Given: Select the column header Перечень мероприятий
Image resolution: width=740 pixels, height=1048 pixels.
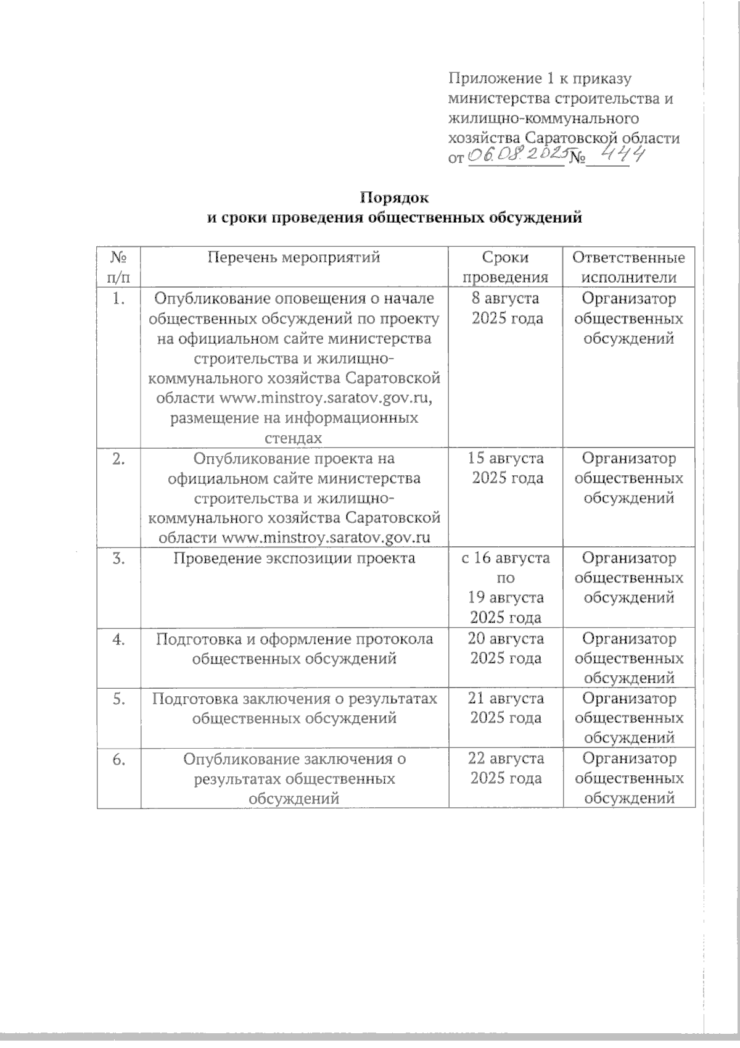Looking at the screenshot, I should point(294,257).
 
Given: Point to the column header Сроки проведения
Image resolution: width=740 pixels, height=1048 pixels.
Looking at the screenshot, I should point(506,267).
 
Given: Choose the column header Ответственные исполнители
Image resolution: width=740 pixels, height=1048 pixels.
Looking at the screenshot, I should point(628,267).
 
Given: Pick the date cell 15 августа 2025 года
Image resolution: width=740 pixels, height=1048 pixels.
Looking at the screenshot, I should point(506,468).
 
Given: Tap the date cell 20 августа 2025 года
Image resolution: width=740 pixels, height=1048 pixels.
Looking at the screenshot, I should point(506,647).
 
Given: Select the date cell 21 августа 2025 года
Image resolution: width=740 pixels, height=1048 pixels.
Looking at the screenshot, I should point(506,708).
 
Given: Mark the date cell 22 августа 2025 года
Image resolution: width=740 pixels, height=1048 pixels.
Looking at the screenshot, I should point(506,767).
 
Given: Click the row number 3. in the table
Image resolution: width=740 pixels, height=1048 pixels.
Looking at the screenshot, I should point(119,558).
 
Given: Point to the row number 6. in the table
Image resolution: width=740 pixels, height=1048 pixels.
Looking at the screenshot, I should point(119,758).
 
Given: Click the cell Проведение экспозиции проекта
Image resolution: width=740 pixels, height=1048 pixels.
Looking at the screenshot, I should point(294,558).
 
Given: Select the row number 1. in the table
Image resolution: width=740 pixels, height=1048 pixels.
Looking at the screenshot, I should point(119,299).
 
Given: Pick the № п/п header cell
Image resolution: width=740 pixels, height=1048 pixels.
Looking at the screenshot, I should point(119,267).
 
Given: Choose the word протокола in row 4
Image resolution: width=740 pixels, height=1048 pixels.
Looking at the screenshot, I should point(395,638).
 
